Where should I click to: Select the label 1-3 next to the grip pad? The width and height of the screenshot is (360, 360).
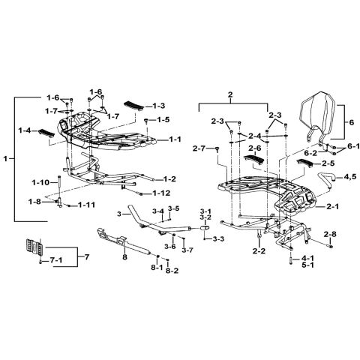pyautogui.click(x=158, y=106)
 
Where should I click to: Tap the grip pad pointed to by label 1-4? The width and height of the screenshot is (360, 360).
pyautogui.click(x=46, y=133)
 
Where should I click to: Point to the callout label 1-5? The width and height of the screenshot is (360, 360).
pyautogui.click(x=163, y=120)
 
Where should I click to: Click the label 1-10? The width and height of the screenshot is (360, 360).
pyautogui.click(x=41, y=183)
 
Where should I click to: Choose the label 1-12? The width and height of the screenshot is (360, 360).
pyautogui.click(x=161, y=193)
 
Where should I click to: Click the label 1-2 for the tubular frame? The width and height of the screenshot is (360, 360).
pyautogui.click(x=169, y=179)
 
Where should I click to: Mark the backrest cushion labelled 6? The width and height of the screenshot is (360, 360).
pyautogui.click(x=317, y=116)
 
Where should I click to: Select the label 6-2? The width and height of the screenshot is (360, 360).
pyautogui.click(x=310, y=152)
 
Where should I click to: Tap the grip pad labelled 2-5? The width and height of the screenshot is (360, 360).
pyautogui.click(x=304, y=163)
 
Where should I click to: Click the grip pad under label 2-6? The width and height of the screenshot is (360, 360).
pyautogui.click(x=253, y=159)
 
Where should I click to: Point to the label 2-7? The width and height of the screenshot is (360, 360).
pyautogui.click(x=199, y=148)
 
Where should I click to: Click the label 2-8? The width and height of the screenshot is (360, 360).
pyautogui.click(x=330, y=235)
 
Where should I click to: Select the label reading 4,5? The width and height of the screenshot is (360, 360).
pyautogui.click(x=350, y=178)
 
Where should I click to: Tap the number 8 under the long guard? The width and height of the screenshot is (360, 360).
pyautogui.click(x=125, y=257)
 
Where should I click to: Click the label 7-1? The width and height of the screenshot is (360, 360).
pyautogui.click(x=56, y=260)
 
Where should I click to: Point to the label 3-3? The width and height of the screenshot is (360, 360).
pyautogui.click(x=219, y=239)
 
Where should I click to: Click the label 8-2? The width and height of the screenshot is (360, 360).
pyautogui.click(x=172, y=271)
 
